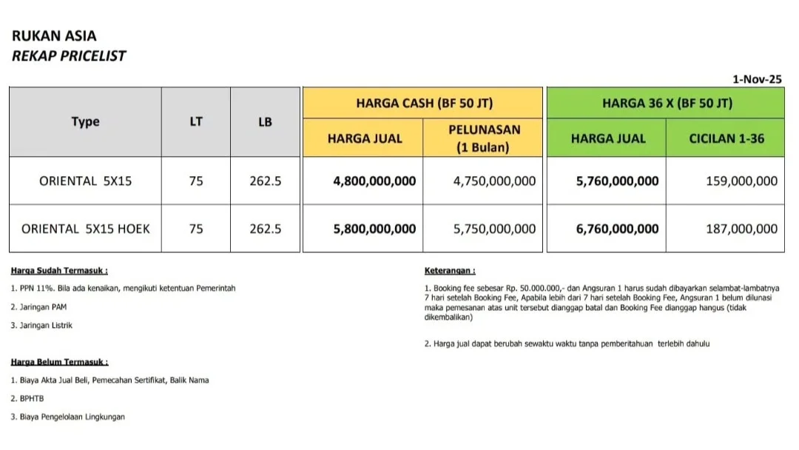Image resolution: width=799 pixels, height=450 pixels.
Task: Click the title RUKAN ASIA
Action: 54,36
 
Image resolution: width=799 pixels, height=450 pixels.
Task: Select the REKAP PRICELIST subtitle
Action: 69,56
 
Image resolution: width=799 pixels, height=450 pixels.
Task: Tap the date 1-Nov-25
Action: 757,78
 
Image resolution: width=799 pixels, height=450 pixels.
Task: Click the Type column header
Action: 85,122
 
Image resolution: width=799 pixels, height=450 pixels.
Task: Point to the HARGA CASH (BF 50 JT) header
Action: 424,103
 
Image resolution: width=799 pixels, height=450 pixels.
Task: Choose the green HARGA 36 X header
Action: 667,103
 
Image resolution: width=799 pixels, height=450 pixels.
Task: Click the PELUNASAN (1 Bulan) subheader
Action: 485,138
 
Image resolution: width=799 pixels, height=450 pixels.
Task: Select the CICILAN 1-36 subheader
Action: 726,138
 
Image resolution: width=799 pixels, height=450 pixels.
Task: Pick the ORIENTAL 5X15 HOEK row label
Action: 85,229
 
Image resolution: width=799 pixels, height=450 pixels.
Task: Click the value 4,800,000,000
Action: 374,181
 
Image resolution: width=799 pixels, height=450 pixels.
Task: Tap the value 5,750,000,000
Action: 494,229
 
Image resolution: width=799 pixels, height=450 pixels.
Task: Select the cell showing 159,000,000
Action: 741,181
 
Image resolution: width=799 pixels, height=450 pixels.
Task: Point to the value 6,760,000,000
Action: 617,229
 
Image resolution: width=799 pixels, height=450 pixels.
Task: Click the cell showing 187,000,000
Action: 741,229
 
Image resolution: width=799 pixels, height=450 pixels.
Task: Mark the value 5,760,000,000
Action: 617,181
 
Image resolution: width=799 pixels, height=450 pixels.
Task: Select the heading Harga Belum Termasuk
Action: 60,362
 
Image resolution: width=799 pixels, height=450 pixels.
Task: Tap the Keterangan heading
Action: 450,271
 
